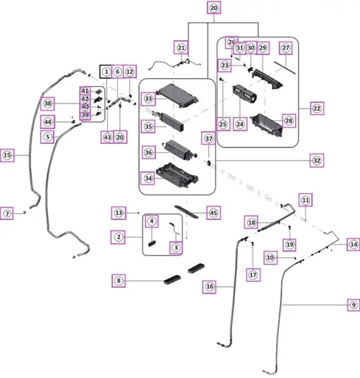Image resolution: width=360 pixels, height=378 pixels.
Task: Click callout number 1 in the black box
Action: coord(106,72)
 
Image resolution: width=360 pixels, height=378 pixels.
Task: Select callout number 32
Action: coord(317,160)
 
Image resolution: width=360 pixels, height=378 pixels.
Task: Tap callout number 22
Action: coord(317,109)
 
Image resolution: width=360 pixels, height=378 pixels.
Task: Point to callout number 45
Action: coord(214,213)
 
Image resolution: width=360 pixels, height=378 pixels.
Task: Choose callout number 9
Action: coord(354,305)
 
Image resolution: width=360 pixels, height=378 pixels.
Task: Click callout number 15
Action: coord(7,155)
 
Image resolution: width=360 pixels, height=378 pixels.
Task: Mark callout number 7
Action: coord(7,214)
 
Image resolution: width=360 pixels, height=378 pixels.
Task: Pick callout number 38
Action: coord(47,104)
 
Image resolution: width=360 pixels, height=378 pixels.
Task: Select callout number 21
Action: coord(181,48)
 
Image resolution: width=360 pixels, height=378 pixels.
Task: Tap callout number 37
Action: coord(208,138)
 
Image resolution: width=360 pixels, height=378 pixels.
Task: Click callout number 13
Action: coord(119,213)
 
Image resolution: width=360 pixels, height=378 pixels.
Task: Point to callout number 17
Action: coord(253,275)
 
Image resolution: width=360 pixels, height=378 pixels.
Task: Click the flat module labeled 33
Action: coord(177,95)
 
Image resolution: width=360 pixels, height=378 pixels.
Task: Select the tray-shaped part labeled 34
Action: coord(177,175)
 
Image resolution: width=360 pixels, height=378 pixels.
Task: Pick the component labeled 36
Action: coord(180,150)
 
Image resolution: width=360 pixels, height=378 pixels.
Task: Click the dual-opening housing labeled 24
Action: coord(244,94)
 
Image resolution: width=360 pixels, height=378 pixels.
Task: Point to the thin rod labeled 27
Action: coord(285,68)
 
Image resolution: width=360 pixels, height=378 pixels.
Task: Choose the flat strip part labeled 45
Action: coord(187,212)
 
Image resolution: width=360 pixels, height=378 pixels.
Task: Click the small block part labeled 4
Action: coord(152,243)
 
